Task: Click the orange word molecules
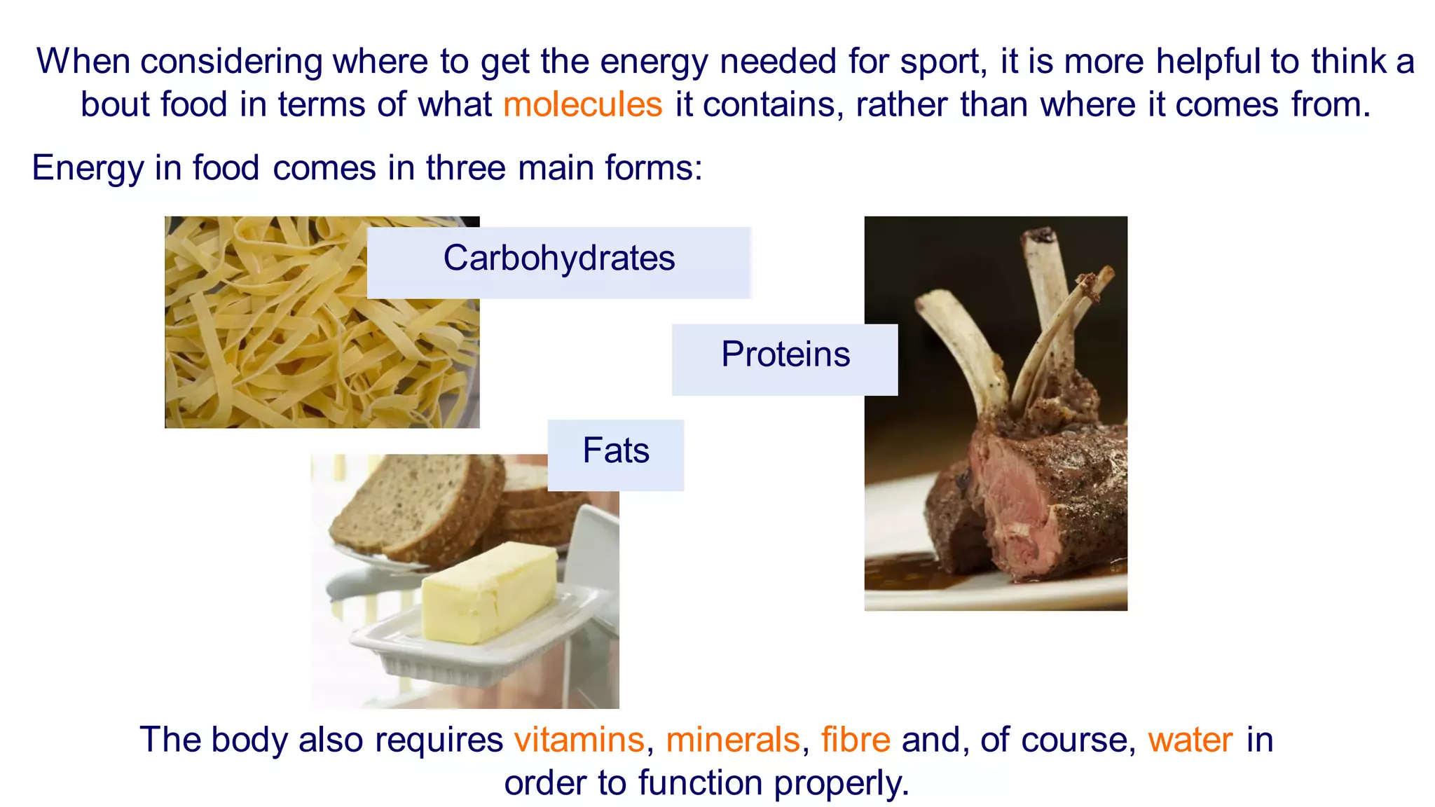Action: [582, 105]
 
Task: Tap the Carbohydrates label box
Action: [558, 262]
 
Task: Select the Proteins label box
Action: [785, 359]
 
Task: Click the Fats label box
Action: [615, 454]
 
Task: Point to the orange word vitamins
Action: [579, 740]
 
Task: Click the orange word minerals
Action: [732, 740]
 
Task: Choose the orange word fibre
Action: [856, 740]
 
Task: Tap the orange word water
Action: [1190, 740]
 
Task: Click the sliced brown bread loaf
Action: [413, 504]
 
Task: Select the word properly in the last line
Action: [841, 783]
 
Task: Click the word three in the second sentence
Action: [465, 168]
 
